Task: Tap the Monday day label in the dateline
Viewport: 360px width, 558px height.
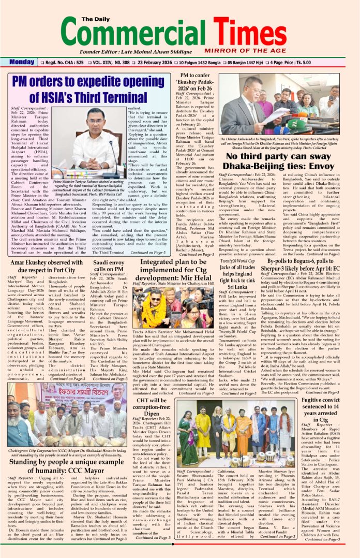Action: (x=22, y=63)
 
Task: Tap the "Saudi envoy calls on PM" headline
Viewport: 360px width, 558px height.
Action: (x=108, y=266)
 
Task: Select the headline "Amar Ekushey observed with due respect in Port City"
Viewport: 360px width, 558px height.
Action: (x=46, y=266)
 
